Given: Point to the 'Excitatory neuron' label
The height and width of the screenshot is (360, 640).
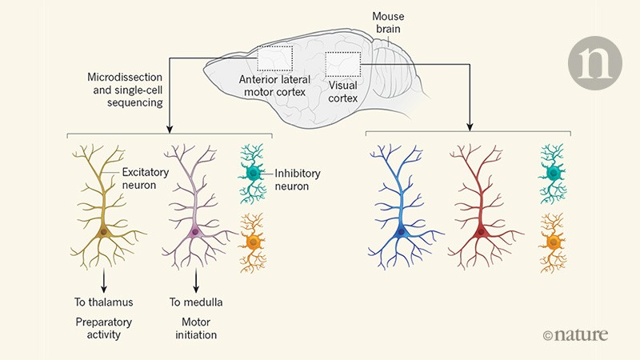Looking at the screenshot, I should click(x=151, y=177).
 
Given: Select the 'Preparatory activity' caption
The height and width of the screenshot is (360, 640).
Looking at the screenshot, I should click(x=99, y=327).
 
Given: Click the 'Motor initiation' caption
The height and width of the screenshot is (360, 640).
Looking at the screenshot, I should click(x=196, y=327).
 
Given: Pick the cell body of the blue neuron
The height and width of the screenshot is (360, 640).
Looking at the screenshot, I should click(x=405, y=232).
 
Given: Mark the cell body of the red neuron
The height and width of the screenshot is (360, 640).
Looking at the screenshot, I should click(x=481, y=232).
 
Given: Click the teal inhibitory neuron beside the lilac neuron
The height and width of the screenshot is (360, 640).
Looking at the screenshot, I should click(x=254, y=173).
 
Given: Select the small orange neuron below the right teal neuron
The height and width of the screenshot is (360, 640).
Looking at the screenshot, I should click(x=551, y=240).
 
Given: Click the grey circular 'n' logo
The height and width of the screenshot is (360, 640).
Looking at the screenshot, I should click(x=595, y=62).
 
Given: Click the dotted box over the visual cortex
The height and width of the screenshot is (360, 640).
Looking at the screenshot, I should click(x=343, y=66).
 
